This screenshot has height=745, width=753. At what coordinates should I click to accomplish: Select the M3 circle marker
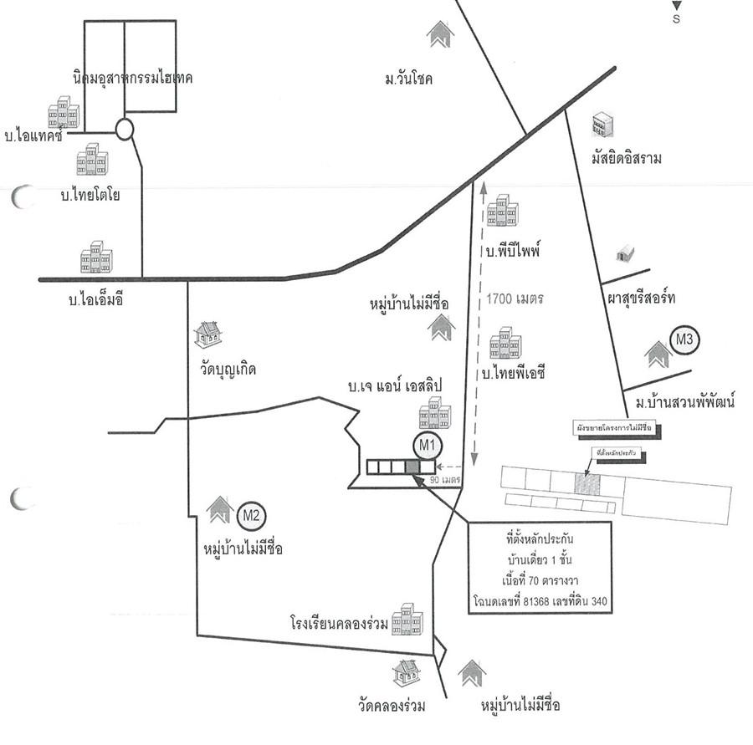coord(686,340)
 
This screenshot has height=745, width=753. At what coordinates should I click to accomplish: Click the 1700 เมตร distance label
coord(514,299)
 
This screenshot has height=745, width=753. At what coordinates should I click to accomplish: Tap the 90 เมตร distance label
coord(447,481)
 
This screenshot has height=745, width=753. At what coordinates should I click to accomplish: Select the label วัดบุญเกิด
coord(223,368)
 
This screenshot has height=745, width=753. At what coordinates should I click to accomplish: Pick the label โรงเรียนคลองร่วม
coord(340,623)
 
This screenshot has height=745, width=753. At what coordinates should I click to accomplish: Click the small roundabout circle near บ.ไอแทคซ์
coord(125,129)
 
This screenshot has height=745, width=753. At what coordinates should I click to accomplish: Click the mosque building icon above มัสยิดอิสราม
coord(602,125)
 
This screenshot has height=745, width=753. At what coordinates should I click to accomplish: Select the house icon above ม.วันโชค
coord(440,34)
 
